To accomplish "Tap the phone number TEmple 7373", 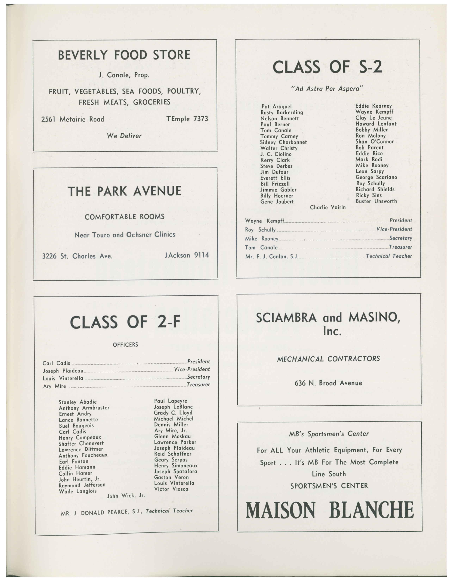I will [x=187, y=119].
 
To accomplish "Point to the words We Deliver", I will [x=124, y=136].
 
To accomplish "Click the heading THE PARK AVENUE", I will [x=125, y=191].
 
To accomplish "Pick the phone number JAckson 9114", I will [x=187, y=255].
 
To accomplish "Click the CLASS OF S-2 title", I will [x=327, y=67].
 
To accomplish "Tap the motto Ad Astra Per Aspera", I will [x=327, y=89].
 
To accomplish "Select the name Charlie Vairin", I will [x=328, y=207].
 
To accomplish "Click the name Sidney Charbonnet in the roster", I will [x=283, y=142].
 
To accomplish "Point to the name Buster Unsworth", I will [x=376, y=201].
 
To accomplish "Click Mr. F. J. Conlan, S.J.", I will [x=271, y=257].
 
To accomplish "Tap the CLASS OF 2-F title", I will [x=125, y=322].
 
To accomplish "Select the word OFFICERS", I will [x=125, y=345].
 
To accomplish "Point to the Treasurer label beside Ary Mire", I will [x=198, y=385].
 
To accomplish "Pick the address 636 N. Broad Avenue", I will [x=328, y=383].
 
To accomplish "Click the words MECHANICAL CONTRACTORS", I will [x=328, y=359].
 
